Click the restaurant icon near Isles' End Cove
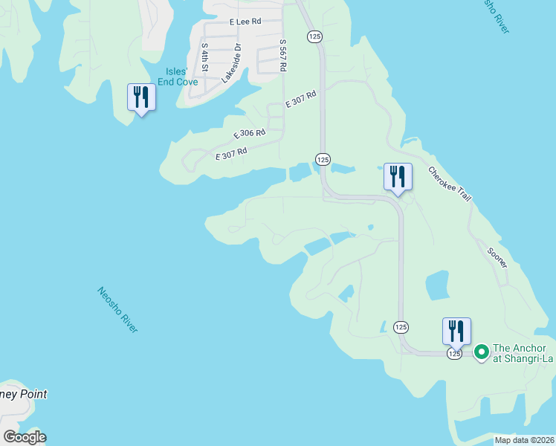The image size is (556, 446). (140, 97)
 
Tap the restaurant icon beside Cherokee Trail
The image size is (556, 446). (397, 177)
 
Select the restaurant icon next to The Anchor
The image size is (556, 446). (456, 332)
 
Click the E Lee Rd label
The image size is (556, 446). (245, 22)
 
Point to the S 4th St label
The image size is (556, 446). (205, 56)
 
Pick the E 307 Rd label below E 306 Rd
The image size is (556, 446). (230, 154)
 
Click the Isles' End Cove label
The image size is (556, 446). (178, 77)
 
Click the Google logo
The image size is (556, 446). (25, 437)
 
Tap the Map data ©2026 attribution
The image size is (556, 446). (524, 440)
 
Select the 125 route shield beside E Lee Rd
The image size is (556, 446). (313, 36)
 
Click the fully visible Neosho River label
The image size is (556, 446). (117, 309)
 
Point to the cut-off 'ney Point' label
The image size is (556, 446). (24, 395)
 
